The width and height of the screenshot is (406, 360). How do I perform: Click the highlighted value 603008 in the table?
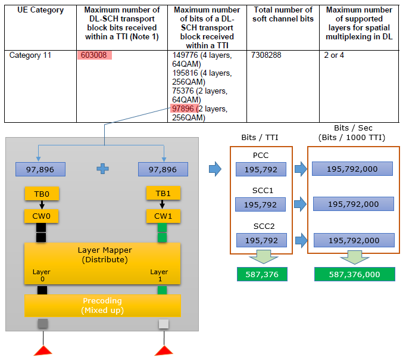(x=93, y=55)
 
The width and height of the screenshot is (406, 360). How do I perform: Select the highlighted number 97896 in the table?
(x=183, y=108)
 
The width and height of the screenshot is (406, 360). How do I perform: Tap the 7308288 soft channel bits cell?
(x=266, y=55)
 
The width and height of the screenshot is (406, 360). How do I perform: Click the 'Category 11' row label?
(x=30, y=55)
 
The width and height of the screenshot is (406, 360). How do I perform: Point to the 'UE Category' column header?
(x=40, y=10)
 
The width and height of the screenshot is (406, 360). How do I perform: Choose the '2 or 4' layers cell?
(x=334, y=55)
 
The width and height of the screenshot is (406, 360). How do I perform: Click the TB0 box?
(x=42, y=194)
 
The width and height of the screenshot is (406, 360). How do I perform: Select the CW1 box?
(x=163, y=216)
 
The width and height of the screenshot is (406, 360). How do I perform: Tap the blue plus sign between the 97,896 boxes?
(x=103, y=169)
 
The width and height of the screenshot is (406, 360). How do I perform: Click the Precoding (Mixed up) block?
(x=102, y=306)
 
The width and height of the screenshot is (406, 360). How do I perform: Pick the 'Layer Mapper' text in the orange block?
(x=105, y=250)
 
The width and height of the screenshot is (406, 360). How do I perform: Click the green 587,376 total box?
(x=262, y=274)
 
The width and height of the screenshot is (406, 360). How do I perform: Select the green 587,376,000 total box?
(x=354, y=274)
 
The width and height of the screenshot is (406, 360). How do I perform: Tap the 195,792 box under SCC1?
(x=261, y=204)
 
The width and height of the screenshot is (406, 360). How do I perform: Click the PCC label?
(x=261, y=155)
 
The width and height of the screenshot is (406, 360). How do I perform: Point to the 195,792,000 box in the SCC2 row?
(x=354, y=240)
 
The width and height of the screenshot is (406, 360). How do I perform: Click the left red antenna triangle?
(x=43, y=350)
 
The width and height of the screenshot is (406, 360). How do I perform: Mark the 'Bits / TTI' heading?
(x=260, y=137)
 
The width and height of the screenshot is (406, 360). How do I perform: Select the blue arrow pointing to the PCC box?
(x=215, y=169)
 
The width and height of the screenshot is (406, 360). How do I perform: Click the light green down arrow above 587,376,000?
(x=354, y=257)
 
